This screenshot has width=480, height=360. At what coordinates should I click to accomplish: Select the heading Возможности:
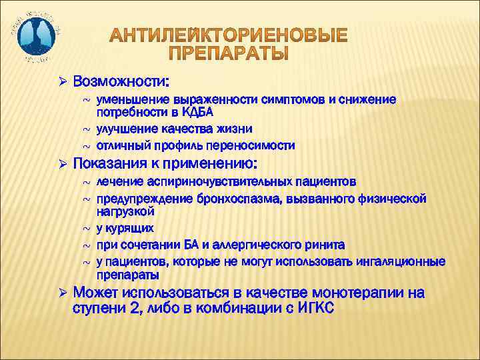click(121, 81)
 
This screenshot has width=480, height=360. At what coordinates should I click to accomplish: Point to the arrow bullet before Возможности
click(63, 81)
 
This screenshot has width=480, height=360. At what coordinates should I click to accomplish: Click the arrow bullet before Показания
click(63, 164)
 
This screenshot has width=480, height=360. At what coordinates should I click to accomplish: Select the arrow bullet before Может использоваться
click(63, 293)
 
